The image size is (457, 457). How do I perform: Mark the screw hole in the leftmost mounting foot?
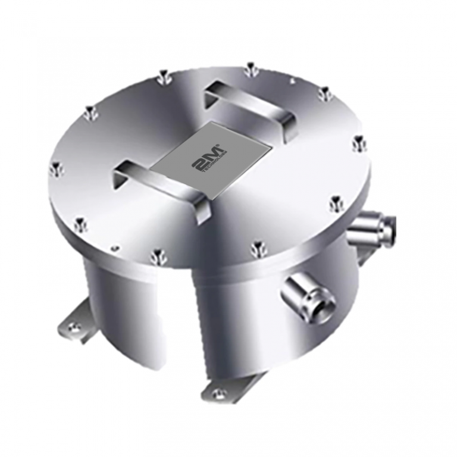73,325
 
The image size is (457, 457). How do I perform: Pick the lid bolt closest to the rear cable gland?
336,204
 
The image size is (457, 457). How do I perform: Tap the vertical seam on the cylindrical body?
195,321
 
